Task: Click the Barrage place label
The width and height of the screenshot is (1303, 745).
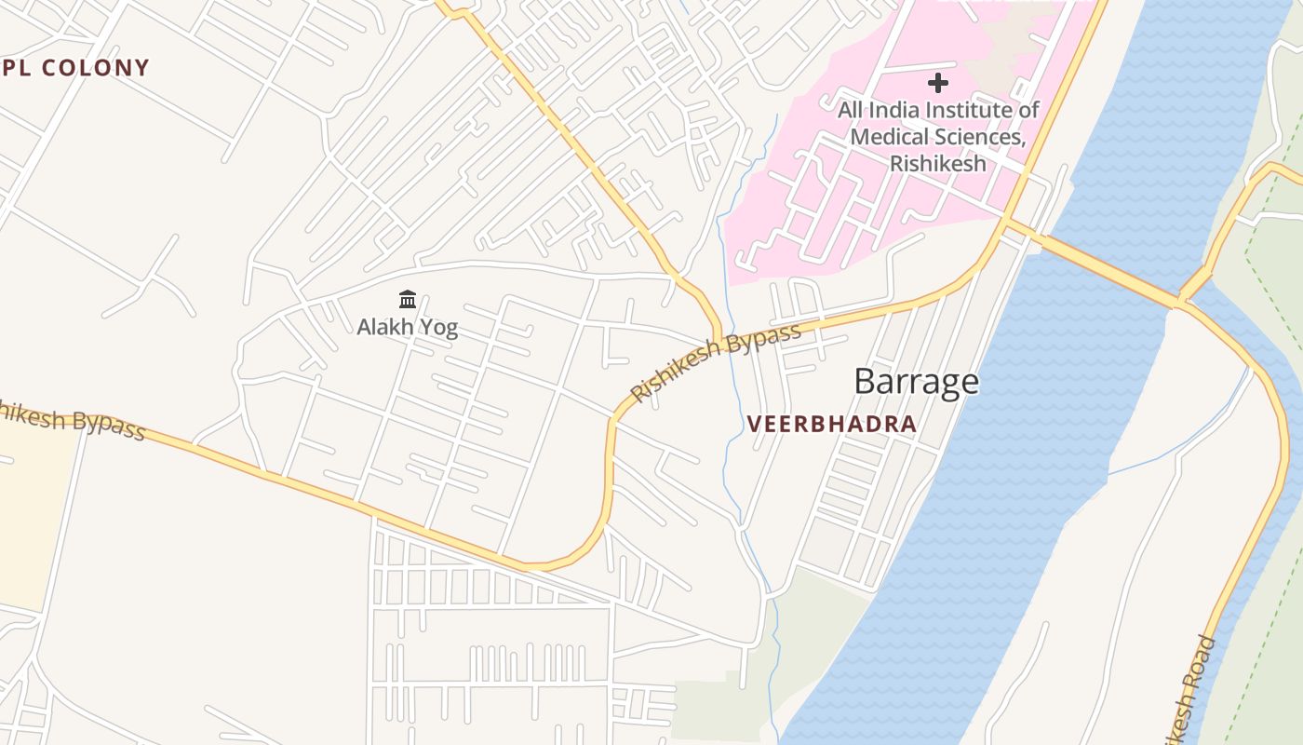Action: pos(916,382)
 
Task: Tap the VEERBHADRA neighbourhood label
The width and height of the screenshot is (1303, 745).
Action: pos(831,425)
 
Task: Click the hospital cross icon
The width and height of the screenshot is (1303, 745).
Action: pos(938,83)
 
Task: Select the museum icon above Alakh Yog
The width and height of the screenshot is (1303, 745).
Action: pos(407,300)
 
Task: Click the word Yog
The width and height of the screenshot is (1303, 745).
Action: pos(438,329)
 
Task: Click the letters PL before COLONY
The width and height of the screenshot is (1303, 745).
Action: pos(17,68)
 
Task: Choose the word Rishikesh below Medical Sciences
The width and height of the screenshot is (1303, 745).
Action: pos(937,163)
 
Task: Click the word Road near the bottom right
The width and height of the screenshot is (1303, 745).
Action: pos(1203,655)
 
